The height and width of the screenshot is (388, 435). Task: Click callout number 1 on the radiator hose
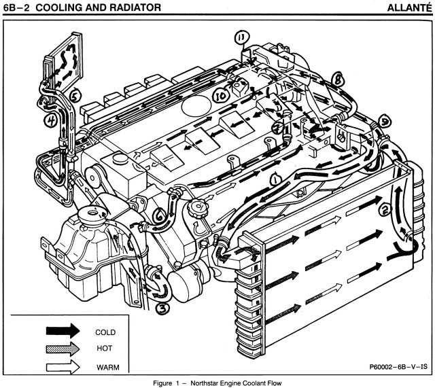click(275, 178)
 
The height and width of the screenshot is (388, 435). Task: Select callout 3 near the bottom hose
click(162, 308)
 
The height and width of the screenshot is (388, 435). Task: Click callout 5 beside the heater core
click(75, 95)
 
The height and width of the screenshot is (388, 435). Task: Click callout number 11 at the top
click(241, 37)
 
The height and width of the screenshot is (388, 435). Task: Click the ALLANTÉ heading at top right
click(406, 7)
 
